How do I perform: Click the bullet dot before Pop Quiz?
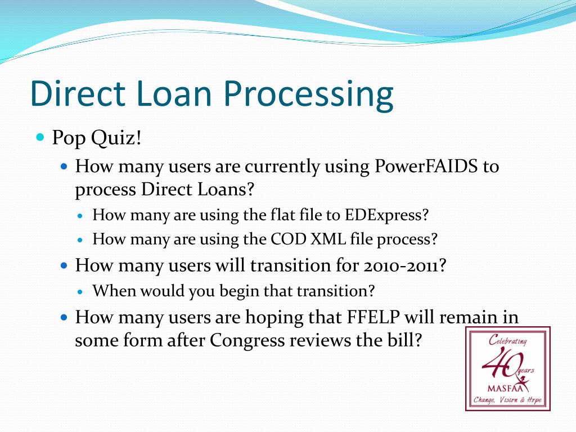(x=40, y=137)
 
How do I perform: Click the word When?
(x=114, y=291)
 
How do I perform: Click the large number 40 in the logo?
(x=498, y=363)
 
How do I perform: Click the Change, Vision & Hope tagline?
(x=507, y=400)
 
